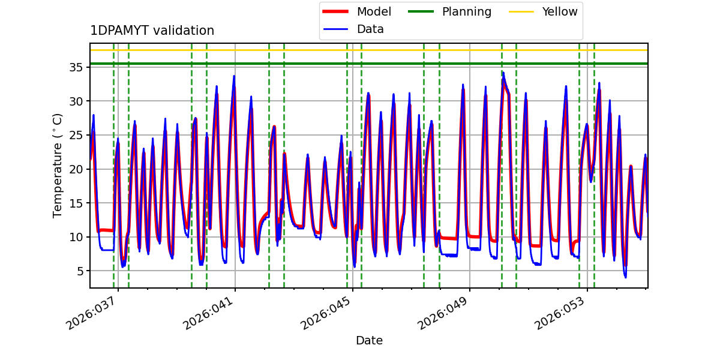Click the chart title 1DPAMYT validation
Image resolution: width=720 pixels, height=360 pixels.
coord(152,31)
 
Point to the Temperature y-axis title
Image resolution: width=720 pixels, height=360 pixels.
coord(58,165)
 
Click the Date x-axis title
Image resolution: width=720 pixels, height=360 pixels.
coord(369,341)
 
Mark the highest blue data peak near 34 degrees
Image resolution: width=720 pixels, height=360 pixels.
coord(503,73)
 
